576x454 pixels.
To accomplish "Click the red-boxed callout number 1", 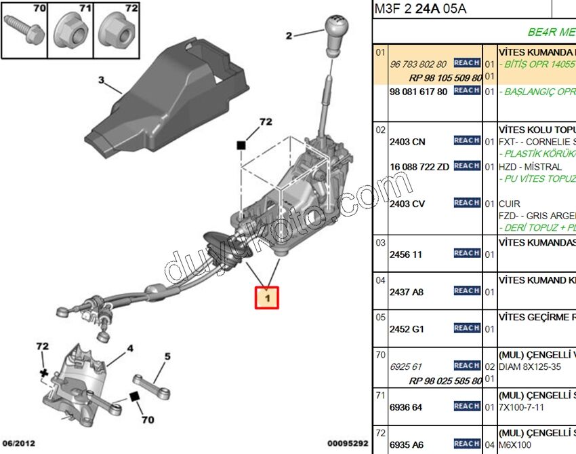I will point(267,297).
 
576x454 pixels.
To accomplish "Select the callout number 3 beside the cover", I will point(101,81).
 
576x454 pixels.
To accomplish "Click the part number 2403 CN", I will point(407,142).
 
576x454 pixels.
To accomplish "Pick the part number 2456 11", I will point(405,254).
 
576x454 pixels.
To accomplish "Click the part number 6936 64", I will point(406,407).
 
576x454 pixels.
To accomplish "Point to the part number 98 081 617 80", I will point(418,92).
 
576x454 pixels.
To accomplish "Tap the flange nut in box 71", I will point(71,31).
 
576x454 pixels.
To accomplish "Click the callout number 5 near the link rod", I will point(167,356).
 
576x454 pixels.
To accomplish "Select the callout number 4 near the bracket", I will point(129,349).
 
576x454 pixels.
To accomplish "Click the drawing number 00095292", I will point(347,443).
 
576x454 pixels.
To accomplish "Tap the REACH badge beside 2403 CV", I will point(467,203).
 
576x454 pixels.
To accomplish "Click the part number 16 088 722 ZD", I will point(419,167).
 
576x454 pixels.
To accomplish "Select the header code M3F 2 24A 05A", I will point(420,9).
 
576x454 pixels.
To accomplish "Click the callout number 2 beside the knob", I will point(289,35).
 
